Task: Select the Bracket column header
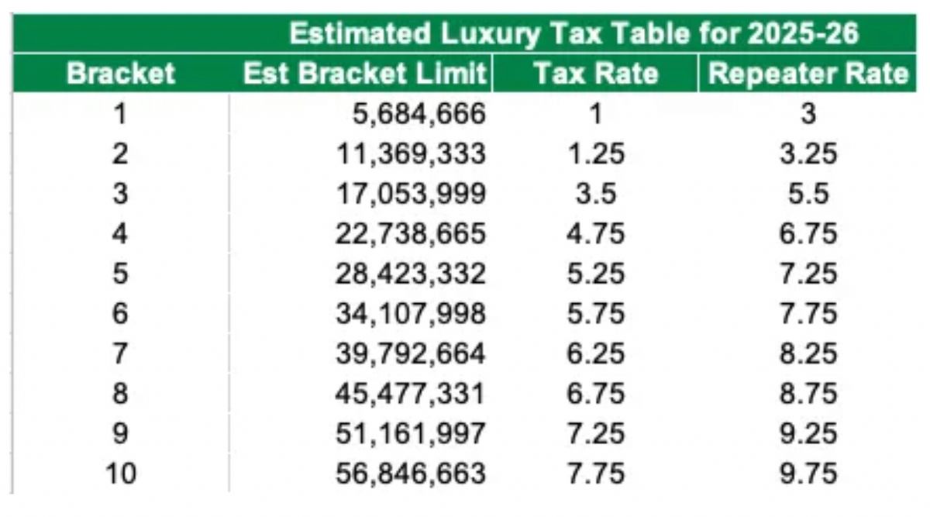[120, 74]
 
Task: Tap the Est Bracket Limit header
[365, 74]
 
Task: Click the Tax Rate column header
[595, 74]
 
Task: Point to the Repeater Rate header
[808, 74]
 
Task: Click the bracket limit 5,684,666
[419, 115]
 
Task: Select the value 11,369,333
[411, 154]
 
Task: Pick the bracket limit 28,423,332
[411, 274]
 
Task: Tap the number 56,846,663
[411, 472]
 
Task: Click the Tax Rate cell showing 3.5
[595, 194]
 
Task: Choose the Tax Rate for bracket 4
[595, 233]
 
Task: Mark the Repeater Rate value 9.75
[808, 472]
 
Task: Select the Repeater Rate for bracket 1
[808, 115]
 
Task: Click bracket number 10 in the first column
[120, 472]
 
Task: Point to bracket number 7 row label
[120, 353]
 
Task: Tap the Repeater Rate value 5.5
[808, 194]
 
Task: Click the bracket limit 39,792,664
[411, 353]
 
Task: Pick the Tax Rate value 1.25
[595, 154]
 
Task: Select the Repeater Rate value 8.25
[808, 353]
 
